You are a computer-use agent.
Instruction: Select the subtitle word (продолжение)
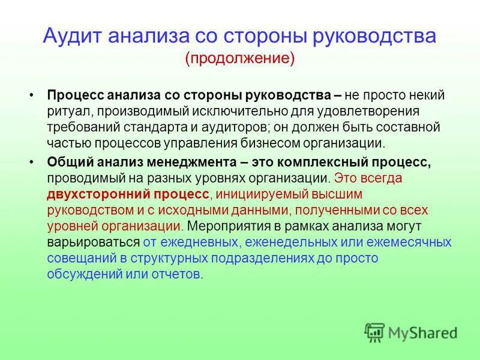pos(240,58)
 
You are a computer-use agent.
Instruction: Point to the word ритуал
pos(67,112)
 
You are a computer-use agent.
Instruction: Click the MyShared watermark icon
pos(374,331)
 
